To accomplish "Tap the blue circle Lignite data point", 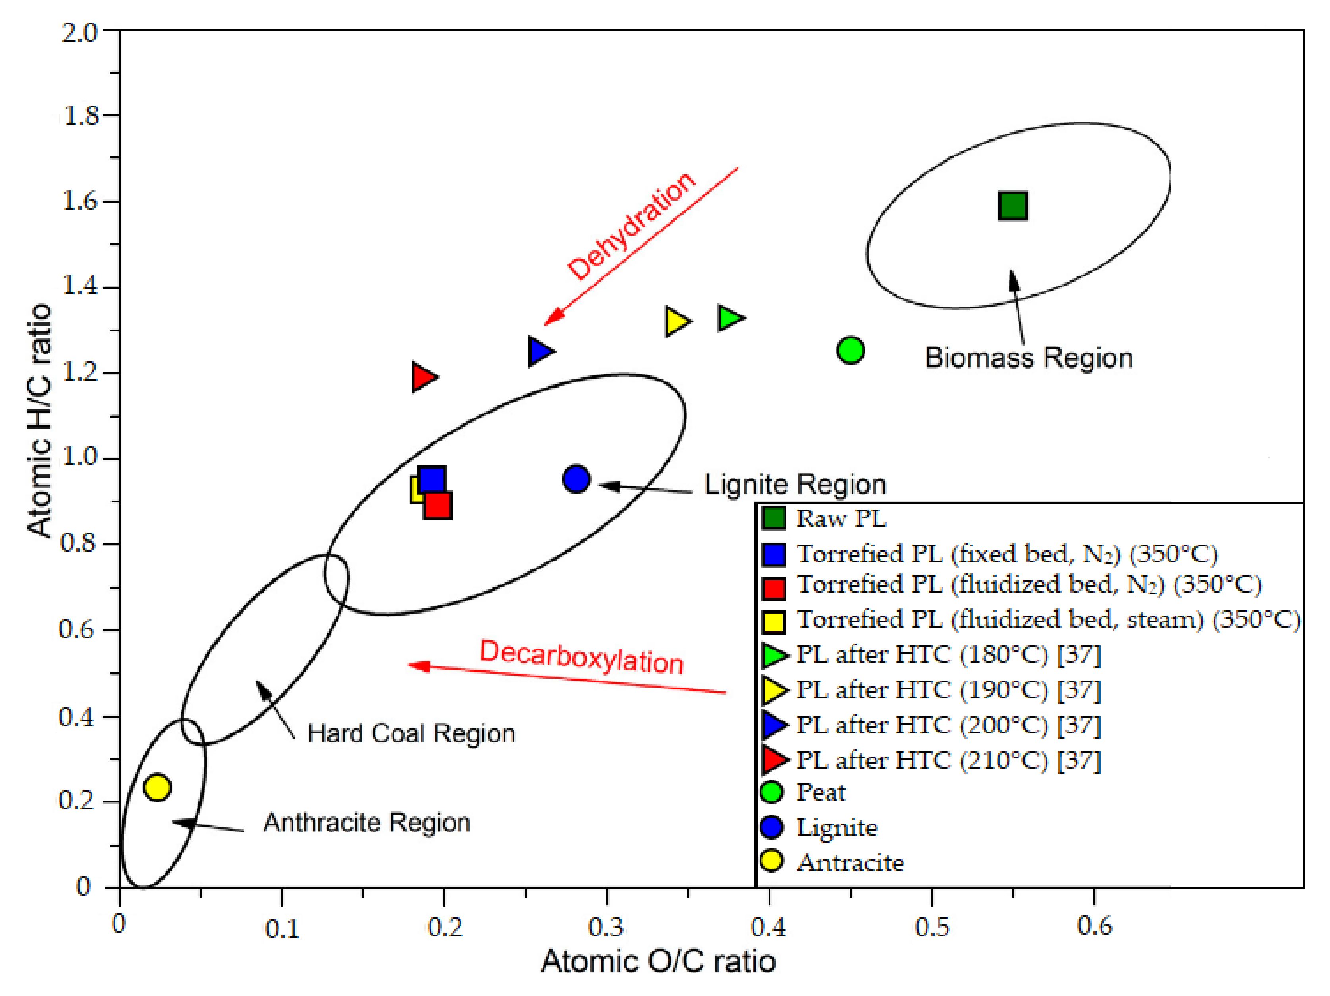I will click(x=576, y=479).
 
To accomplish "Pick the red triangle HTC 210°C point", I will click(x=423, y=377).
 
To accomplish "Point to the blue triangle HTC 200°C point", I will click(x=540, y=351).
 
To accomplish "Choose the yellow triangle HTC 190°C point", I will click(x=677, y=321).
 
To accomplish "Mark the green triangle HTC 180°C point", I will click(x=730, y=318).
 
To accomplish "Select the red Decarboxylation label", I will click(x=581, y=657).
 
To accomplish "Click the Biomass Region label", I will click(x=1029, y=358).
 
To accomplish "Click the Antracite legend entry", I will click(x=850, y=863).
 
